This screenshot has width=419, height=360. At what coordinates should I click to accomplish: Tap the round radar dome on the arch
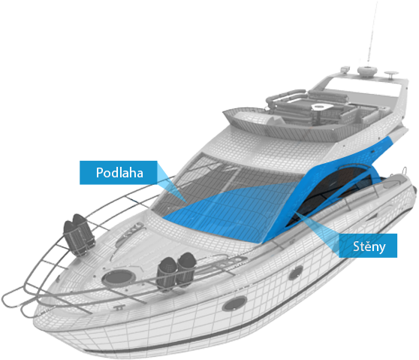(x=367, y=71)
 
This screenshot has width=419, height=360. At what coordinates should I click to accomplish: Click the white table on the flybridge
(x=321, y=107)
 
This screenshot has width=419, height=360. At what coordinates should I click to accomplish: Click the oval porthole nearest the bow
(x=234, y=304)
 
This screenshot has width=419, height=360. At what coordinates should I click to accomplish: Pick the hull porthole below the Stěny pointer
(x=295, y=273)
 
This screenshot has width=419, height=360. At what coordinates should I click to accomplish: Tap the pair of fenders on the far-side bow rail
(x=79, y=234)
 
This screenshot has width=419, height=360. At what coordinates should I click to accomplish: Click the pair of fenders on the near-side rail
(x=176, y=271)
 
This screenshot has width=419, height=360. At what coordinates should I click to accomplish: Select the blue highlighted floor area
(x=227, y=211)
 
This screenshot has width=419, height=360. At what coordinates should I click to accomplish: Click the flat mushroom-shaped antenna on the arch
(x=391, y=74)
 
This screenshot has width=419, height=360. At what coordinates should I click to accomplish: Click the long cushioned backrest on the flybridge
(x=328, y=94)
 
